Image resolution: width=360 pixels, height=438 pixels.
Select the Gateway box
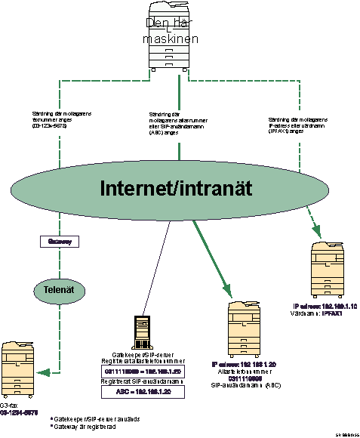pos(60,242)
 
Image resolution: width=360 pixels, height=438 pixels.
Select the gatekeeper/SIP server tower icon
pos(141,331)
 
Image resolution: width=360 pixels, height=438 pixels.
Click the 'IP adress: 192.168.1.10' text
pos(325,306)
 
